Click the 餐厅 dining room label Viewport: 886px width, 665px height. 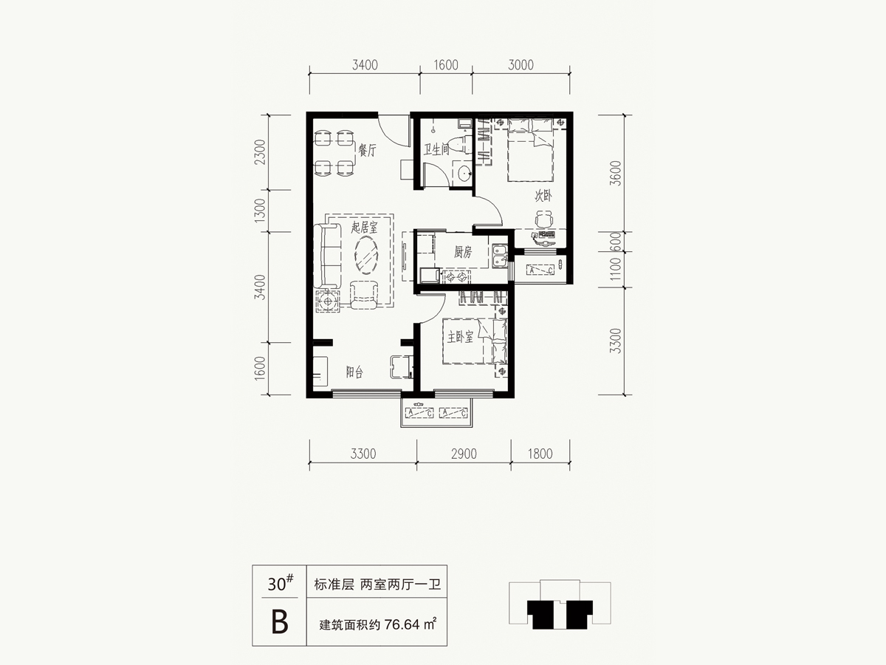tap(367, 151)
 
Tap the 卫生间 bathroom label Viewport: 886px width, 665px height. tap(436, 150)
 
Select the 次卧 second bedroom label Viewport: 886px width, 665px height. tap(543, 197)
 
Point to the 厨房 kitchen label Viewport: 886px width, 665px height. tap(463, 253)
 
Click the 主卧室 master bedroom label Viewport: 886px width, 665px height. tap(460, 337)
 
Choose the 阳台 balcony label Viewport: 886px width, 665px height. tap(354, 372)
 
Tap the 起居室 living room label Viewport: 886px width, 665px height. tap(364, 228)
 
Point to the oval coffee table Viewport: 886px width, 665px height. tap(366, 256)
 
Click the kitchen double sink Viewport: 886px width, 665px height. tap(500, 257)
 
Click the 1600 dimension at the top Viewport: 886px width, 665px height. tap(446, 65)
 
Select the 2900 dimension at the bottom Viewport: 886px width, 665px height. tap(464, 454)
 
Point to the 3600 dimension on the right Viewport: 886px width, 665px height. tap(615, 173)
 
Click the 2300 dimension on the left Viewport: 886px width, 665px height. tap(261, 151)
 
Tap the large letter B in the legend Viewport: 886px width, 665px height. tap(280, 622)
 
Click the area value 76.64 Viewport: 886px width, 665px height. tap(402, 624)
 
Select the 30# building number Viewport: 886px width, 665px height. tap(281, 584)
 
